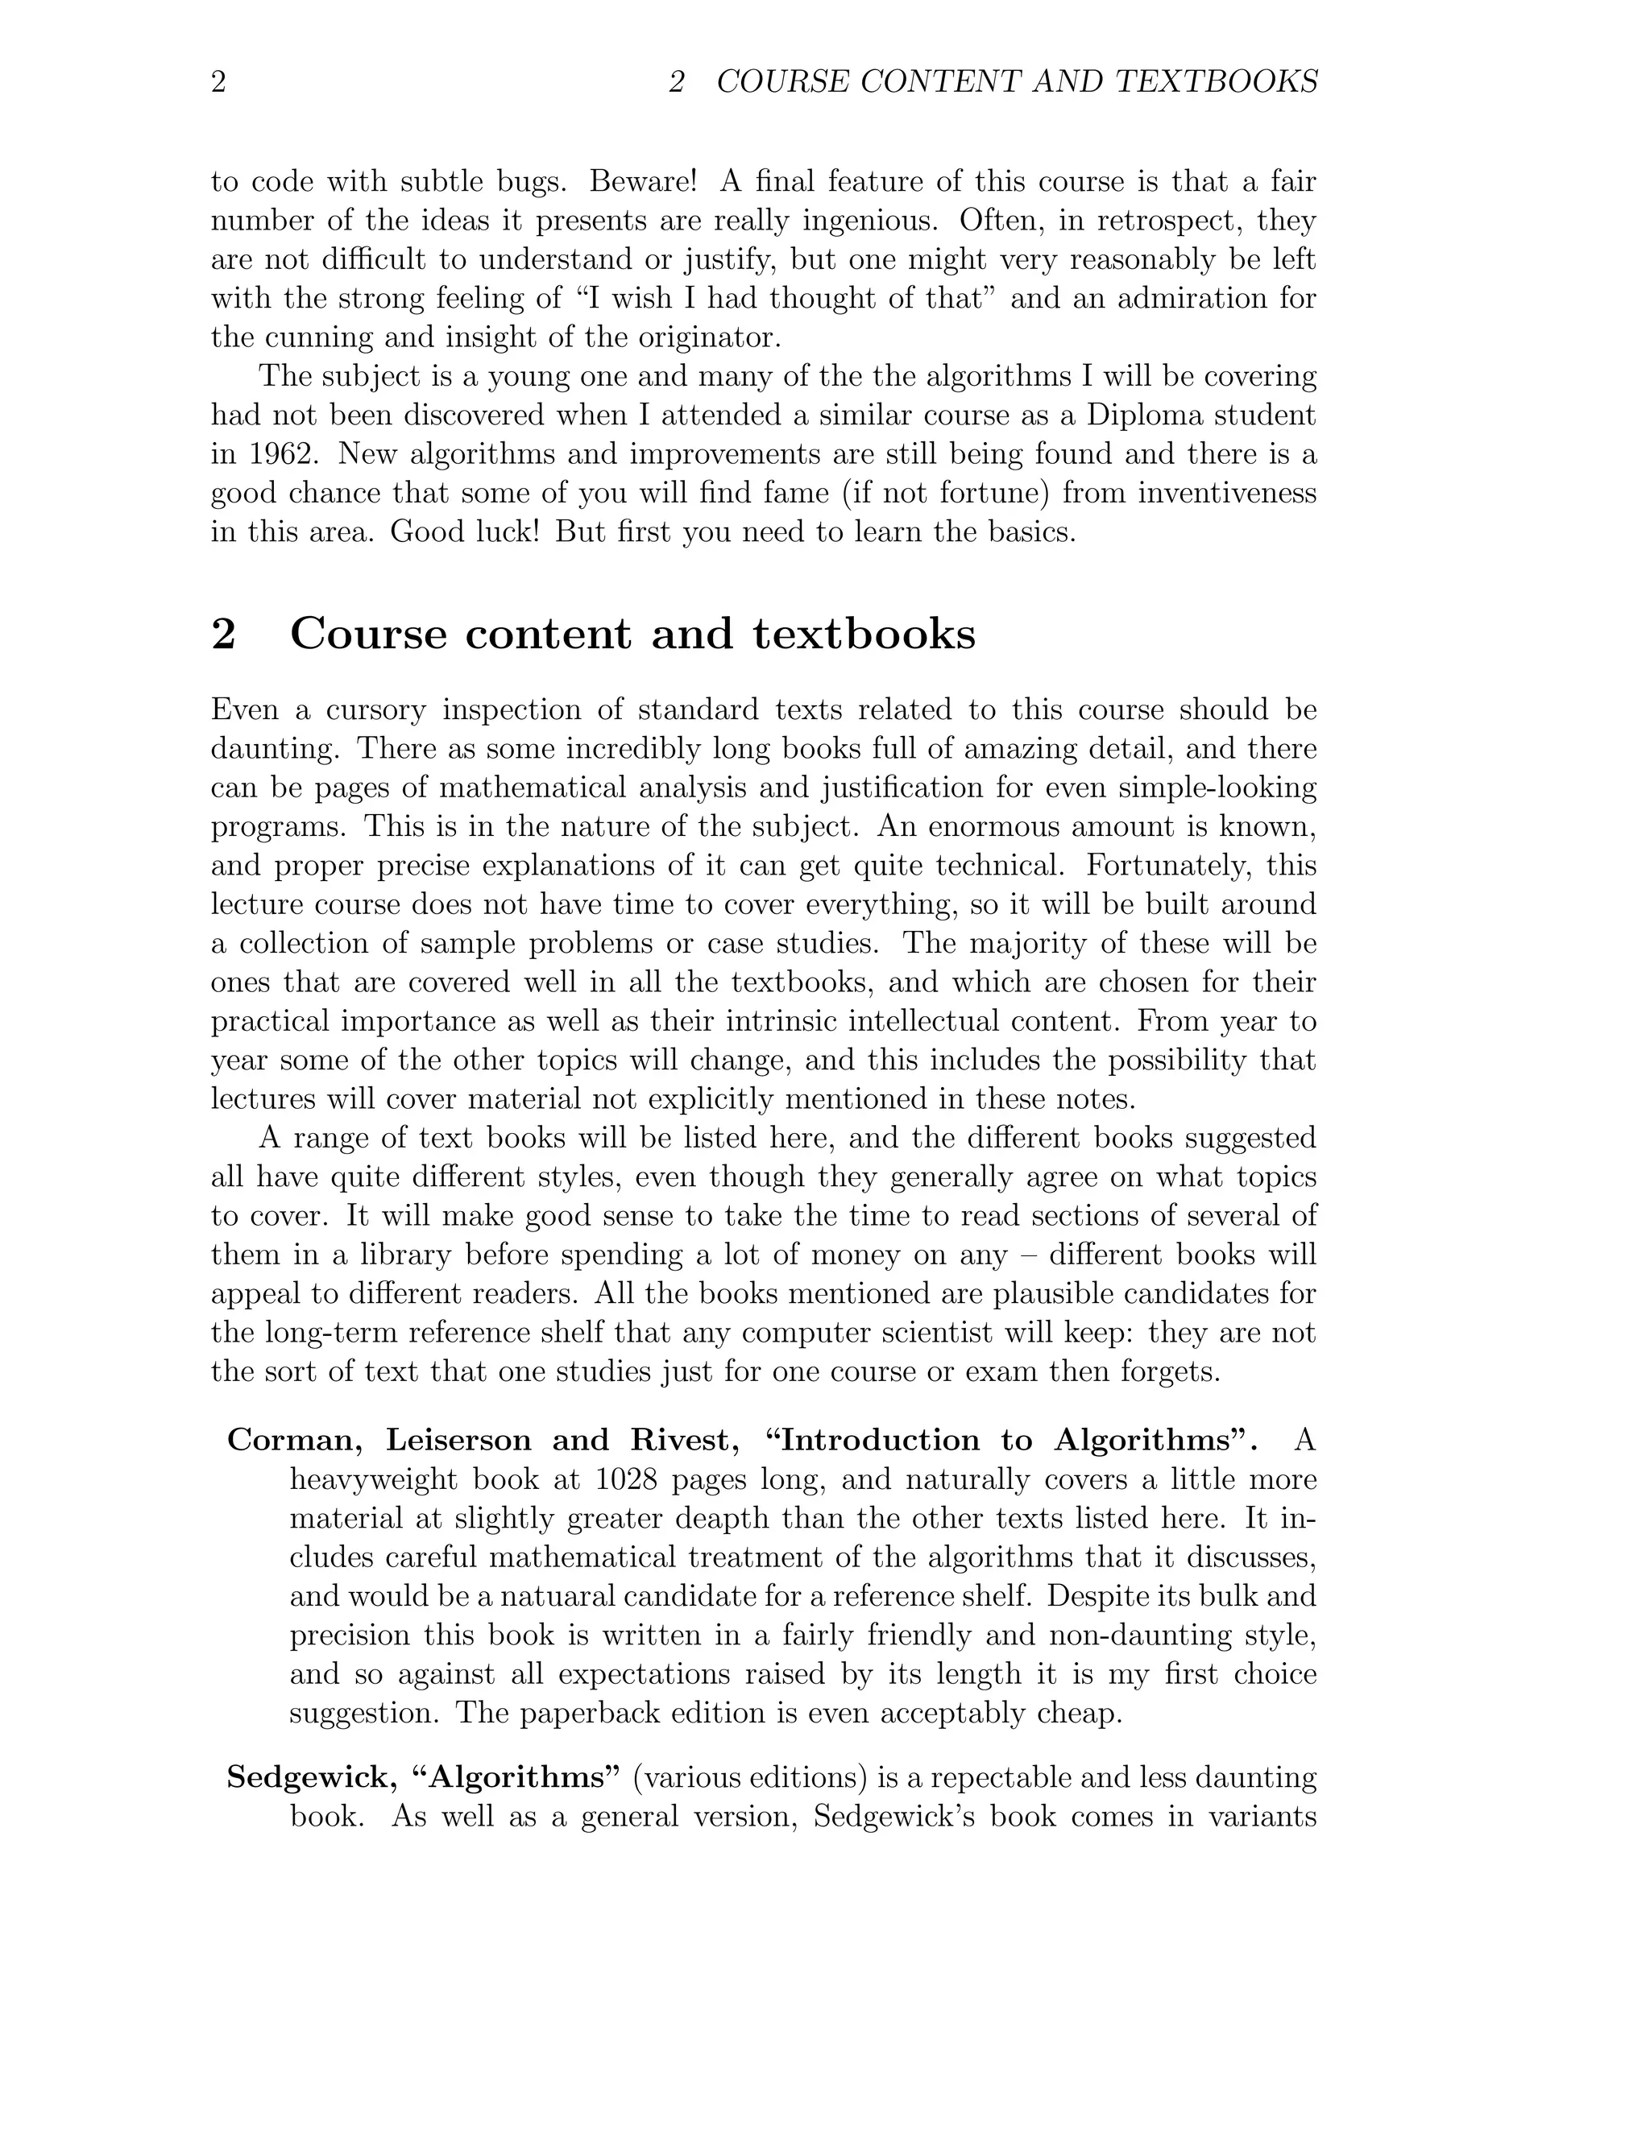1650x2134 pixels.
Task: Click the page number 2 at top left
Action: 219,82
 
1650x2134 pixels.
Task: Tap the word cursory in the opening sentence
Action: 375,709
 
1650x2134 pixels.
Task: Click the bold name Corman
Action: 297,1441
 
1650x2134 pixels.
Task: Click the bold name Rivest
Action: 680,1441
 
